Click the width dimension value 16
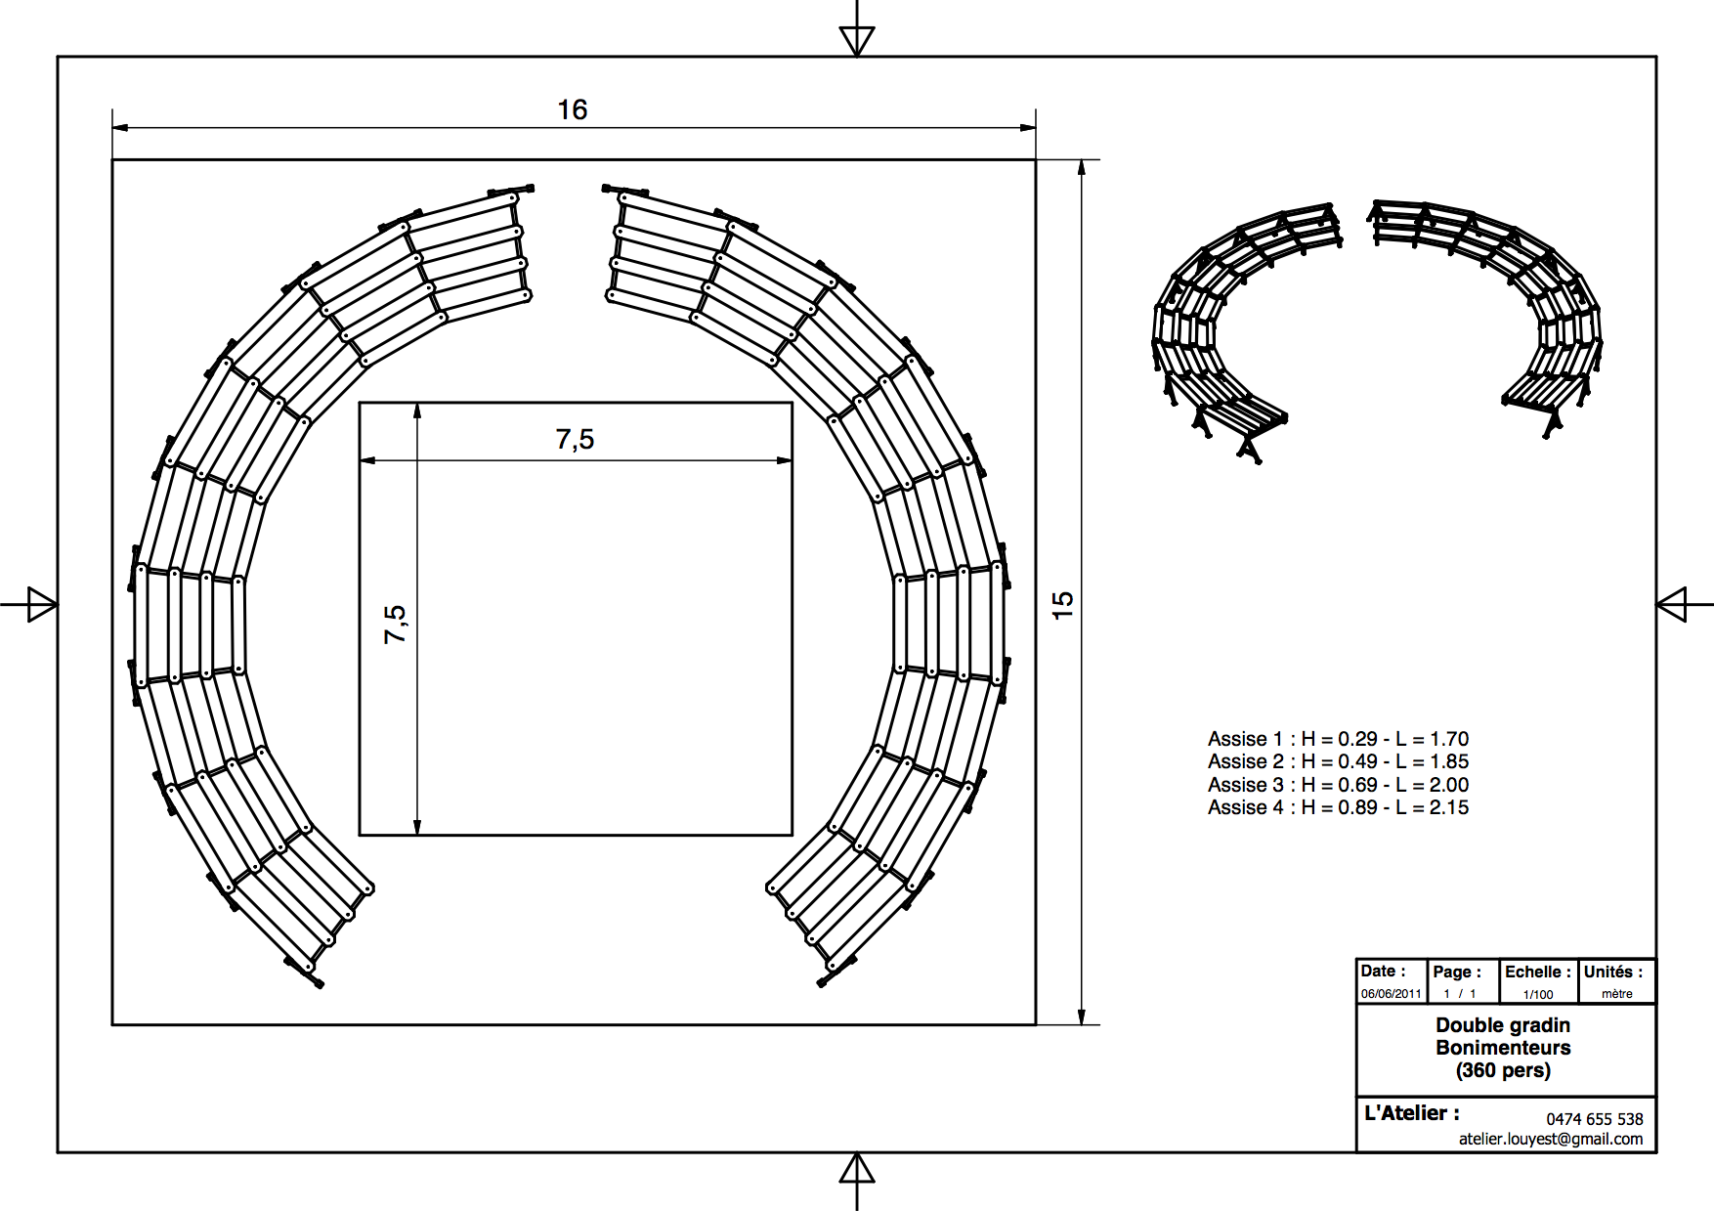pos(573,109)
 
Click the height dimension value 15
pos(1062,604)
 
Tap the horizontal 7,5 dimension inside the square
pos(575,440)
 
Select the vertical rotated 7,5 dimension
pos(395,624)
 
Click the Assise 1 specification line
pos(1338,739)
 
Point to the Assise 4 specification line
pos(1338,807)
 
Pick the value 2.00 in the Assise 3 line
pos(1449,785)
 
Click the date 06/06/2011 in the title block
pos(1392,994)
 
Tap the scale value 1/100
pos(1538,994)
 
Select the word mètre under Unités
pos(1617,994)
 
